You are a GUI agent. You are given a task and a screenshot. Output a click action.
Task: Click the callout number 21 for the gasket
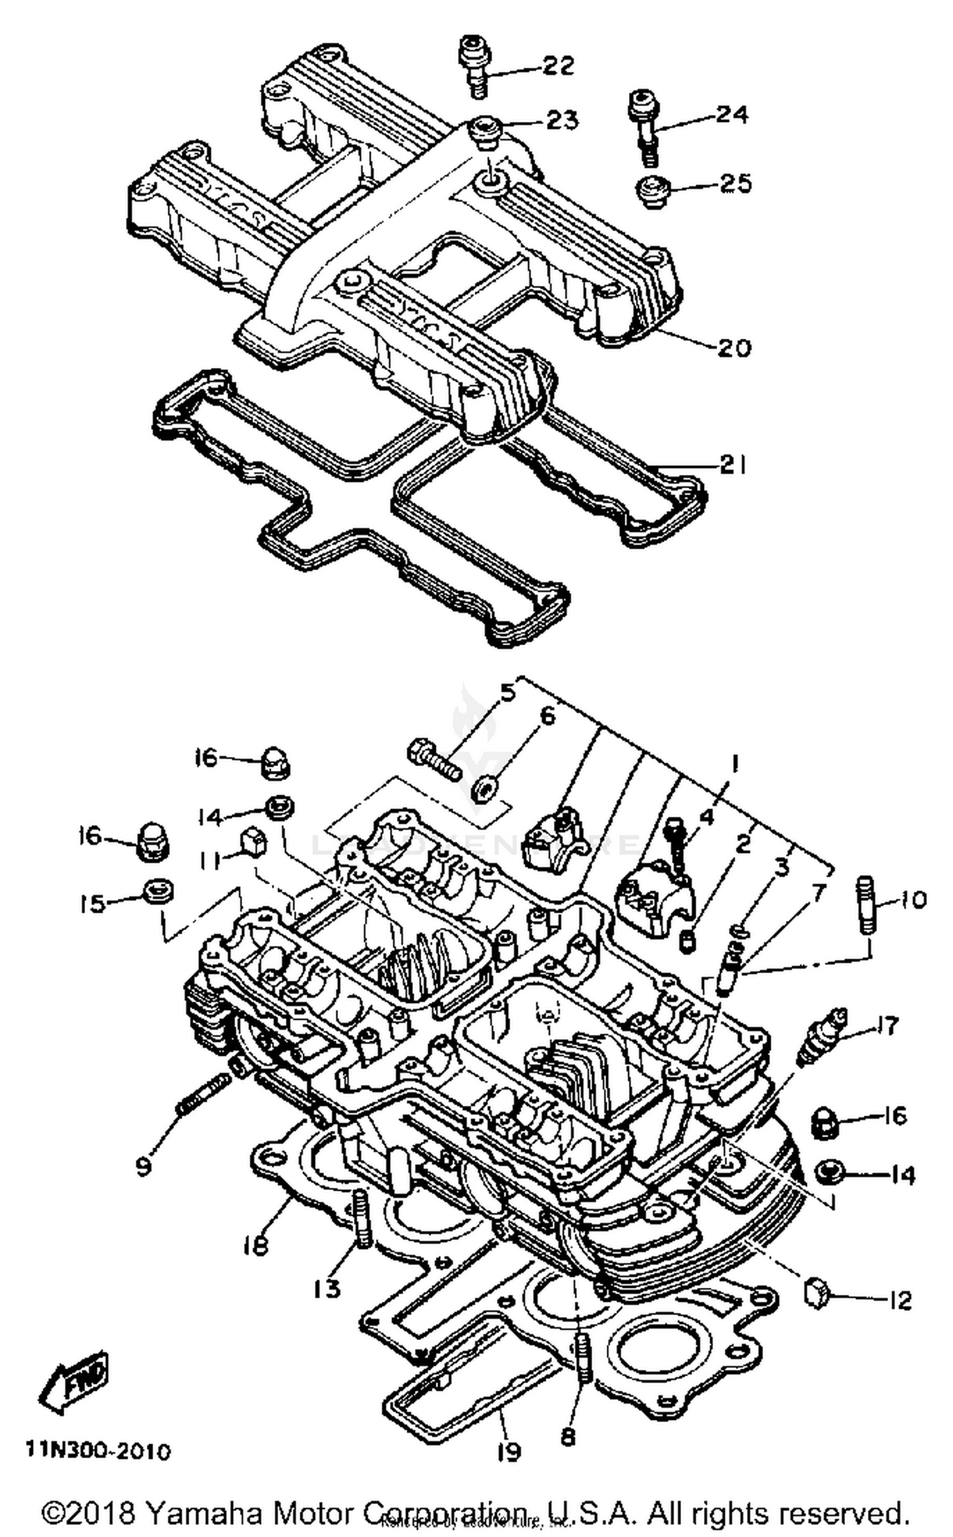point(732,465)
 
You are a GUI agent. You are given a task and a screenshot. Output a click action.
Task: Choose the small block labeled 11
point(253,844)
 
